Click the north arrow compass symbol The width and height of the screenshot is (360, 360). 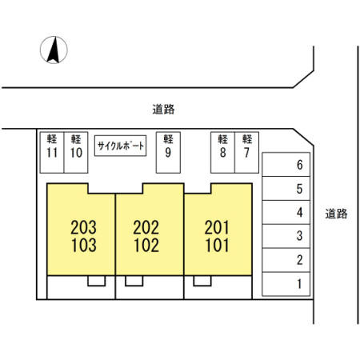pos(54,50)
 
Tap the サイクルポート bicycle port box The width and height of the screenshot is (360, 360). pos(121,146)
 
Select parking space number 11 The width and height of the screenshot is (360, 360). pos(52,153)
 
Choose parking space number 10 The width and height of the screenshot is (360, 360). pos(76,153)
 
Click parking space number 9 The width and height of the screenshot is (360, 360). pos(168,153)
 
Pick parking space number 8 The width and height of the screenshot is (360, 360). pos(222,153)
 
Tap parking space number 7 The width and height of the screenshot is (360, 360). pos(246,153)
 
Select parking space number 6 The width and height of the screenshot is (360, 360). pos(286,165)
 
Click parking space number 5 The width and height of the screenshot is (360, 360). pos(286,189)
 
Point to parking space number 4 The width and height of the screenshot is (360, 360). pos(286,212)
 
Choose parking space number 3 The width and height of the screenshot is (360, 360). pos(286,236)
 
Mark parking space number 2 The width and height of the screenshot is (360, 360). pos(286,260)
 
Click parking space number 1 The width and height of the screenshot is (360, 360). pos(286,284)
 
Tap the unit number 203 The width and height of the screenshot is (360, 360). pos(83,227)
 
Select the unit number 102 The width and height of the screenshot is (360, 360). pos(146,246)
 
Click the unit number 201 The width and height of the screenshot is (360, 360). pos(217,227)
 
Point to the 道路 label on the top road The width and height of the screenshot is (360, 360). pos(163,110)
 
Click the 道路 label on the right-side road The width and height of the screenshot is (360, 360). pos(336,214)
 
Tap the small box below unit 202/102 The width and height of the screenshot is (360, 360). pos(134,281)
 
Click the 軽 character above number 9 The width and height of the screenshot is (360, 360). pos(168,139)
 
